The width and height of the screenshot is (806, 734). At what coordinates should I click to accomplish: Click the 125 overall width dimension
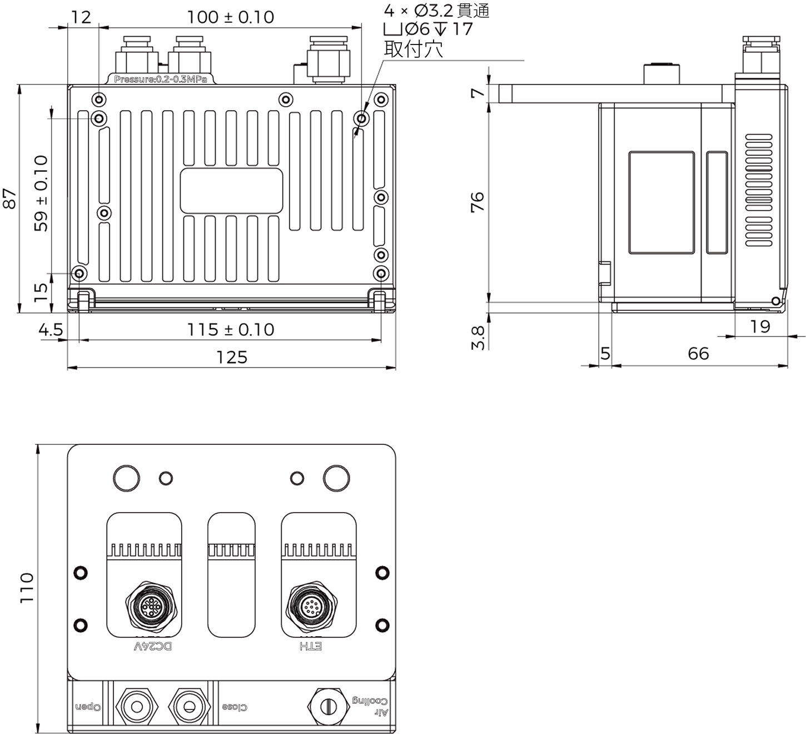click(231, 357)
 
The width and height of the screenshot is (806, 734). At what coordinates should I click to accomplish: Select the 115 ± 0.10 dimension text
click(230, 330)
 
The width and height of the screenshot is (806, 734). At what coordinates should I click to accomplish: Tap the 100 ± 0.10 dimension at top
click(230, 17)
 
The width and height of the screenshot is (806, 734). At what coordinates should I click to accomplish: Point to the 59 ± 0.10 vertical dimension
click(41, 194)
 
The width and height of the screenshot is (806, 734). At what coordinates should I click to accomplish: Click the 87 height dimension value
click(10, 198)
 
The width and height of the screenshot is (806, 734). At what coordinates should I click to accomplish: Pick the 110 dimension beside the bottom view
click(27, 588)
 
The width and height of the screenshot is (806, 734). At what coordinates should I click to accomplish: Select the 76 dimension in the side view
click(477, 201)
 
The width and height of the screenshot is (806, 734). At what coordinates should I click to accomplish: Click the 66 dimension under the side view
click(698, 354)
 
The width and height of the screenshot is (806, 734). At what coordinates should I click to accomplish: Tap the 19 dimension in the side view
click(760, 326)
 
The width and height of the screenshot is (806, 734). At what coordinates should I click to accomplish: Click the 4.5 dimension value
click(51, 330)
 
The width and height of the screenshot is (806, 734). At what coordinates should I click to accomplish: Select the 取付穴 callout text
click(413, 49)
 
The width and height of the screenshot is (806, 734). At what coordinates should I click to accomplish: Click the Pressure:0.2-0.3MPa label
click(161, 80)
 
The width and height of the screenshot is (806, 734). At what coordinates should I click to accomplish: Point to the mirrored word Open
click(88, 707)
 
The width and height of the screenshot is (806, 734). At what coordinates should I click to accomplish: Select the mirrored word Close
click(235, 707)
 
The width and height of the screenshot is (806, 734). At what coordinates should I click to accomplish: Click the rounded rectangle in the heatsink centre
click(231, 191)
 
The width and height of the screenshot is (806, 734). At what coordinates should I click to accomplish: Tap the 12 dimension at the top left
click(81, 17)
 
